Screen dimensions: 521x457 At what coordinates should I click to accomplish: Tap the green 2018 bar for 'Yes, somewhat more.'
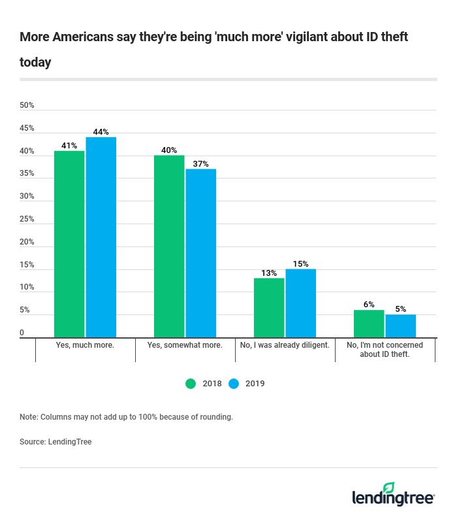(x=169, y=246)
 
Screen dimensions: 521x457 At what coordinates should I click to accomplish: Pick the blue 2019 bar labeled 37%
(x=201, y=253)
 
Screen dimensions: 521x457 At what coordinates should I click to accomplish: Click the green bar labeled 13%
(x=269, y=307)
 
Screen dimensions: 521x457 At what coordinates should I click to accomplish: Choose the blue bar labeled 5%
(x=401, y=326)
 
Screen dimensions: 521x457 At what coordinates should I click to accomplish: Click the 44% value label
(x=101, y=132)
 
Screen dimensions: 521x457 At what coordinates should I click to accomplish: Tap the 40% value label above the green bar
(x=169, y=150)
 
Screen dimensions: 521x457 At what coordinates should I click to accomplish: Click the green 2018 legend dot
(x=191, y=384)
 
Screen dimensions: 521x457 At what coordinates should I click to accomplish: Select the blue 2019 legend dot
(x=234, y=384)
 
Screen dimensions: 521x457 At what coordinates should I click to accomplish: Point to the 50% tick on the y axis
(x=27, y=105)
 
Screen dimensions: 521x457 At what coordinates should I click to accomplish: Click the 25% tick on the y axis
(x=27, y=219)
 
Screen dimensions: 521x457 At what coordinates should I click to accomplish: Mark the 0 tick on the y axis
(x=22, y=333)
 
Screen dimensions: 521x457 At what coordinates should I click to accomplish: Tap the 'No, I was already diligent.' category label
(x=285, y=345)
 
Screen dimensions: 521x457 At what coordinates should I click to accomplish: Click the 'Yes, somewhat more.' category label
(x=185, y=345)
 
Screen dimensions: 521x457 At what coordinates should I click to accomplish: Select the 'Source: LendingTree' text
(x=55, y=442)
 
